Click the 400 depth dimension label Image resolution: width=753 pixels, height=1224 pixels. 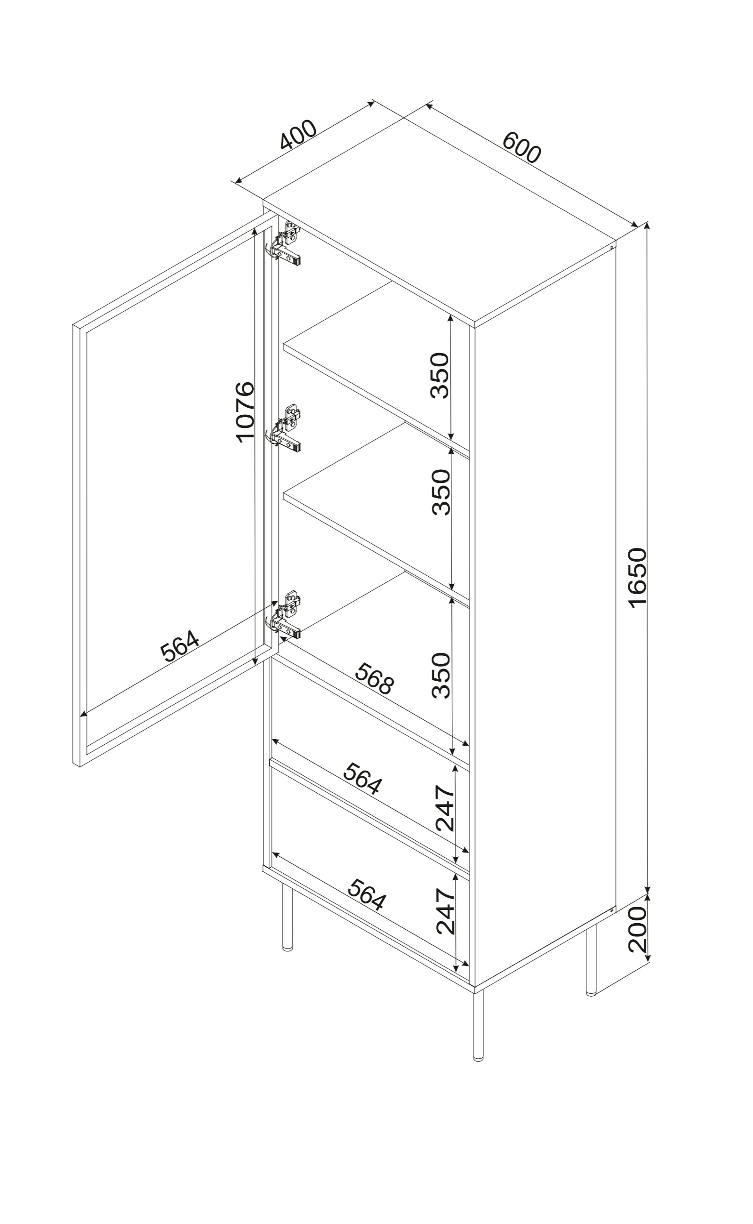tap(298, 135)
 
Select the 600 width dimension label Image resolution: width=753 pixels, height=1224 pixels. tap(521, 147)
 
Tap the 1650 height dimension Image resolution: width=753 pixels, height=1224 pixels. tap(637, 578)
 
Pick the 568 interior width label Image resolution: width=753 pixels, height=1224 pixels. tap(375, 678)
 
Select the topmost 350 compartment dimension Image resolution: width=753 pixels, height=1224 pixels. tap(440, 376)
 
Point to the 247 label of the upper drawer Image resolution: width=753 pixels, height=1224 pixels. tap(445, 808)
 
